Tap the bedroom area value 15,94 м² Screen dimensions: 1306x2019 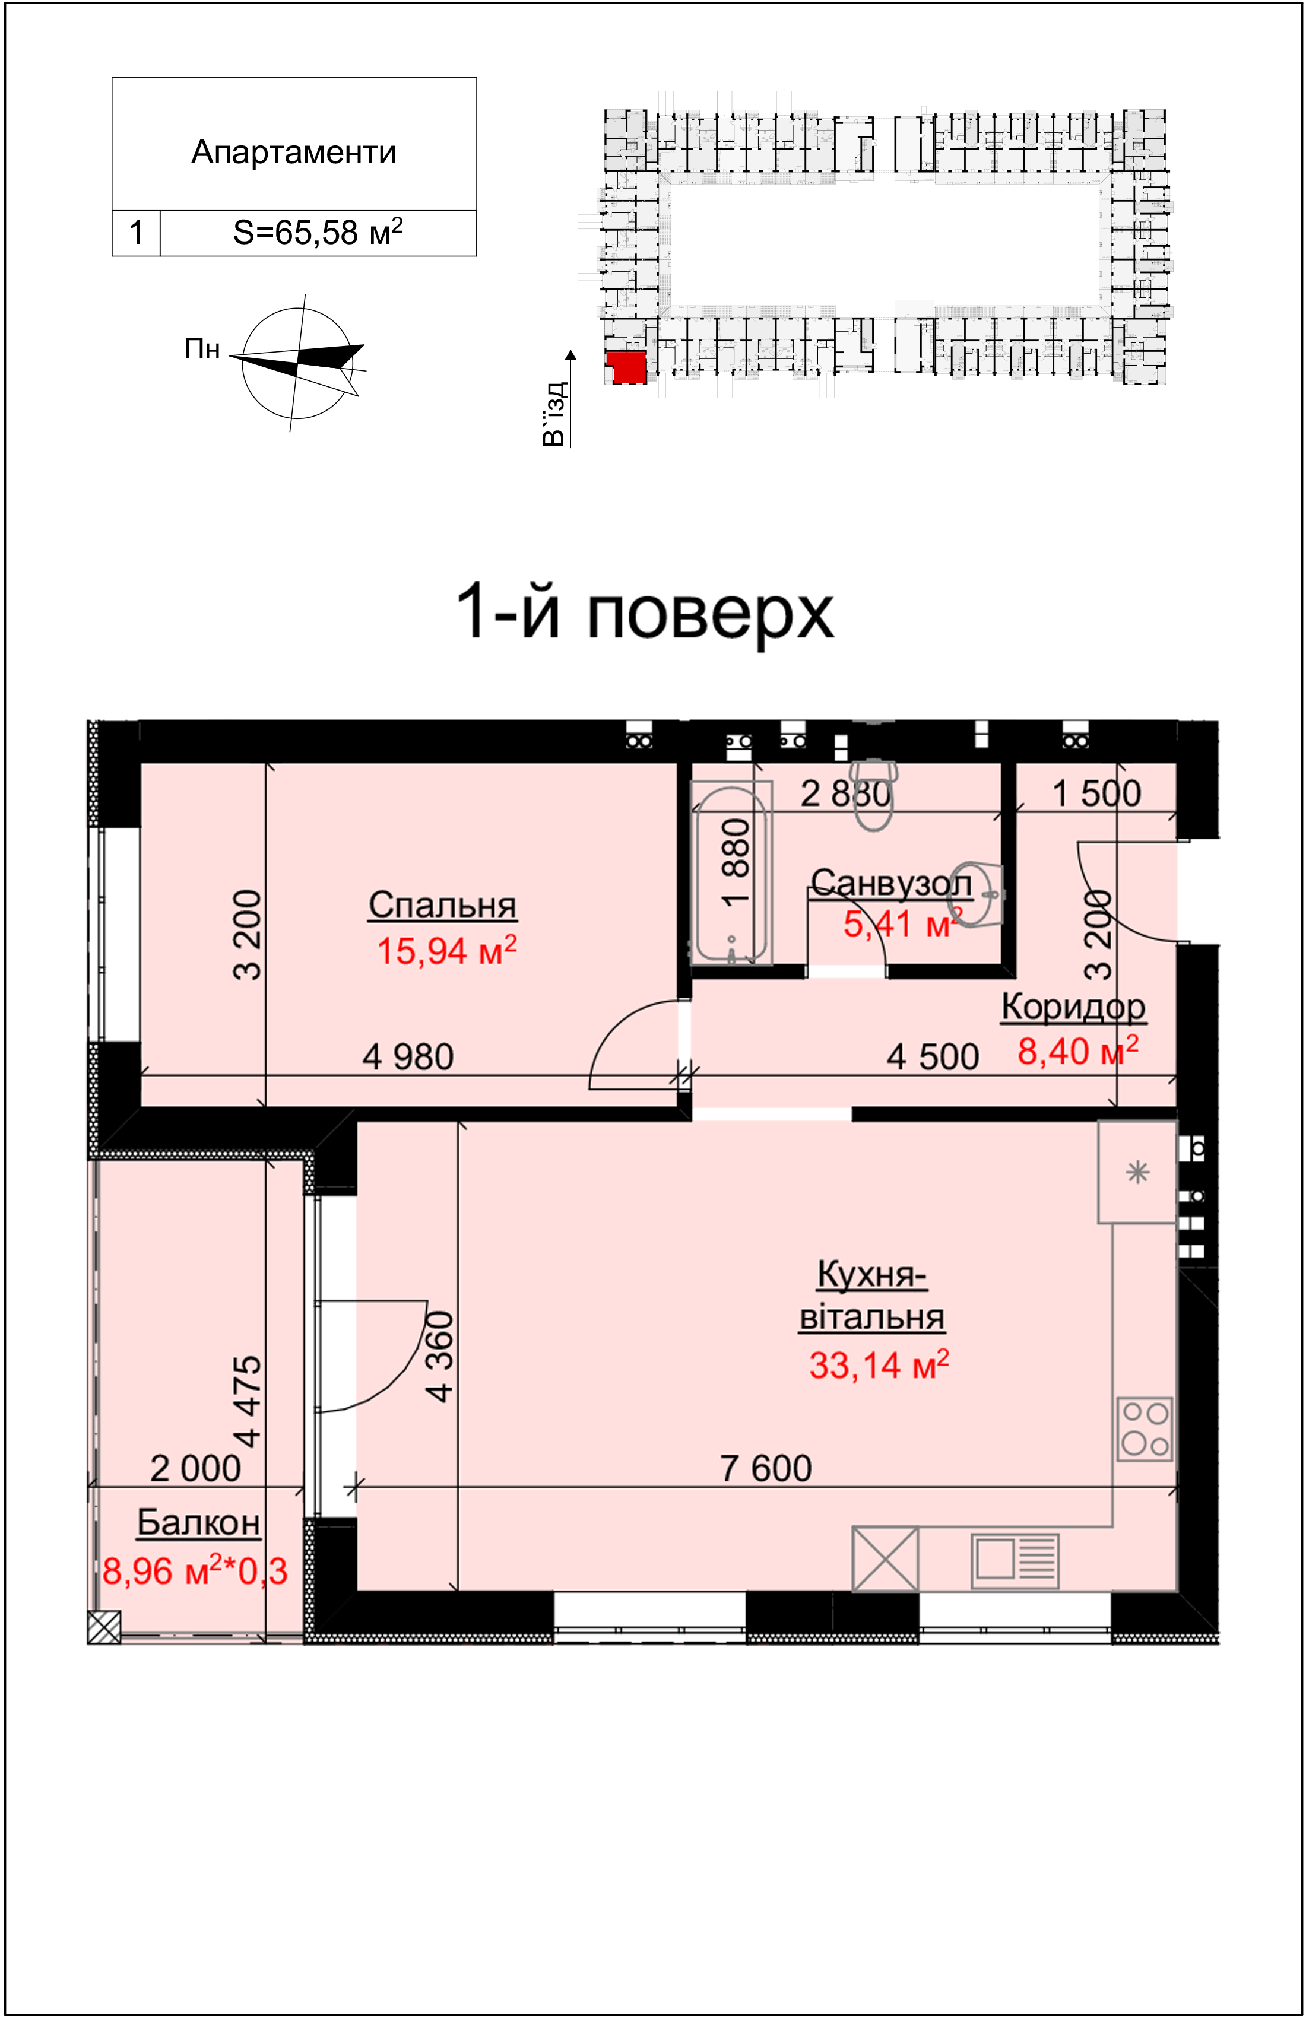(446, 950)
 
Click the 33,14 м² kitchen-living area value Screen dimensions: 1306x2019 (879, 1364)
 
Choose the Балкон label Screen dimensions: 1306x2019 (198, 1522)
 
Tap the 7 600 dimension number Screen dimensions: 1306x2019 (766, 1468)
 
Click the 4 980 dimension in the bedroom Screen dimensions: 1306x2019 (408, 1057)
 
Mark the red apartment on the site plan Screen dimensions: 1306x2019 (627, 367)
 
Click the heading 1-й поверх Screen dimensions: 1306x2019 (645, 612)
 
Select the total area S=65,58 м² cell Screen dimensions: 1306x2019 (318, 232)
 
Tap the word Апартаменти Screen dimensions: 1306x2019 (293, 153)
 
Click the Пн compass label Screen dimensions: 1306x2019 (202, 349)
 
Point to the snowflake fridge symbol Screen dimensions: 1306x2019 (1137, 1172)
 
